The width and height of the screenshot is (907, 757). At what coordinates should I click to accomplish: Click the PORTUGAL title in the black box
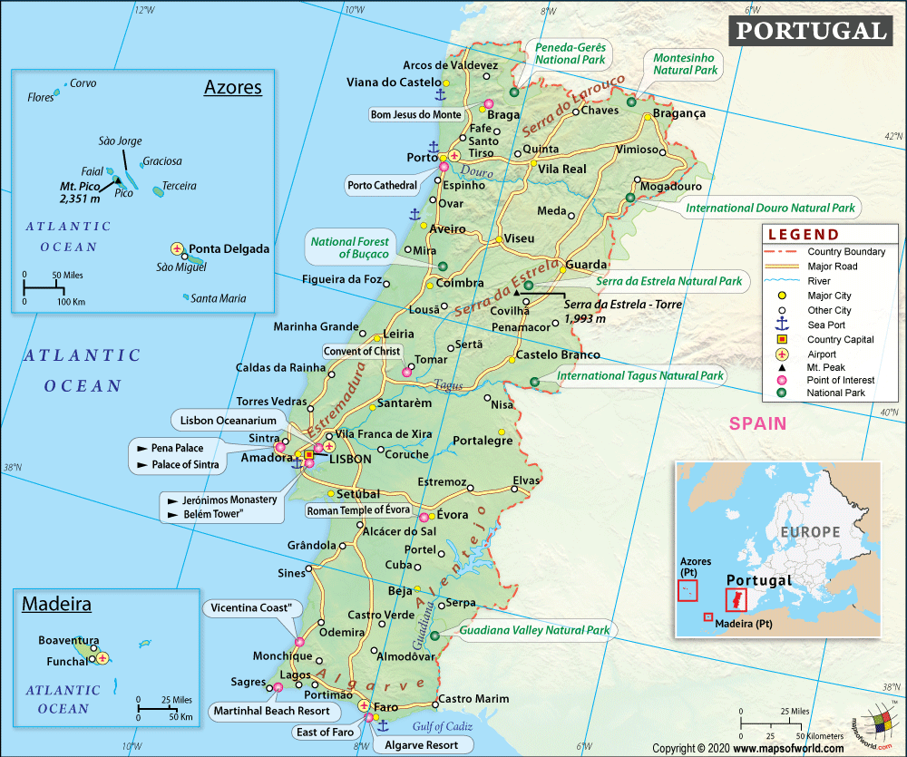pyautogui.click(x=810, y=31)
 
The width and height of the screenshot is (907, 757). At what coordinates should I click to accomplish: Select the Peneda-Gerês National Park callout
pyautogui.click(x=570, y=53)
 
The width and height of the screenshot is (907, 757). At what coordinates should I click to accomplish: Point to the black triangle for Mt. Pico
pyautogui.click(x=118, y=181)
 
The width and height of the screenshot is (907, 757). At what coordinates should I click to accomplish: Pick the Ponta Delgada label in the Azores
pyautogui.click(x=229, y=248)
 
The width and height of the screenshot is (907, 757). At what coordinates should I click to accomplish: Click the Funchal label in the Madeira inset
pyautogui.click(x=68, y=661)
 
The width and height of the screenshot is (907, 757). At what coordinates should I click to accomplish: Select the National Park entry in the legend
pyautogui.click(x=836, y=393)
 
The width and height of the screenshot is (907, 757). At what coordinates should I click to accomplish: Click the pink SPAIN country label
pyautogui.click(x=757, y=423)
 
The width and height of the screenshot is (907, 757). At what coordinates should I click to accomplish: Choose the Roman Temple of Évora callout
pyautogui.click(x=358, y=510)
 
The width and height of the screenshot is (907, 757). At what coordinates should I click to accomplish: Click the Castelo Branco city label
pyautogui.click(x=558, y=354)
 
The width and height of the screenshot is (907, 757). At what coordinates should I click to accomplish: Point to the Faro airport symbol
pyautogui.click(x=364, y=705)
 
